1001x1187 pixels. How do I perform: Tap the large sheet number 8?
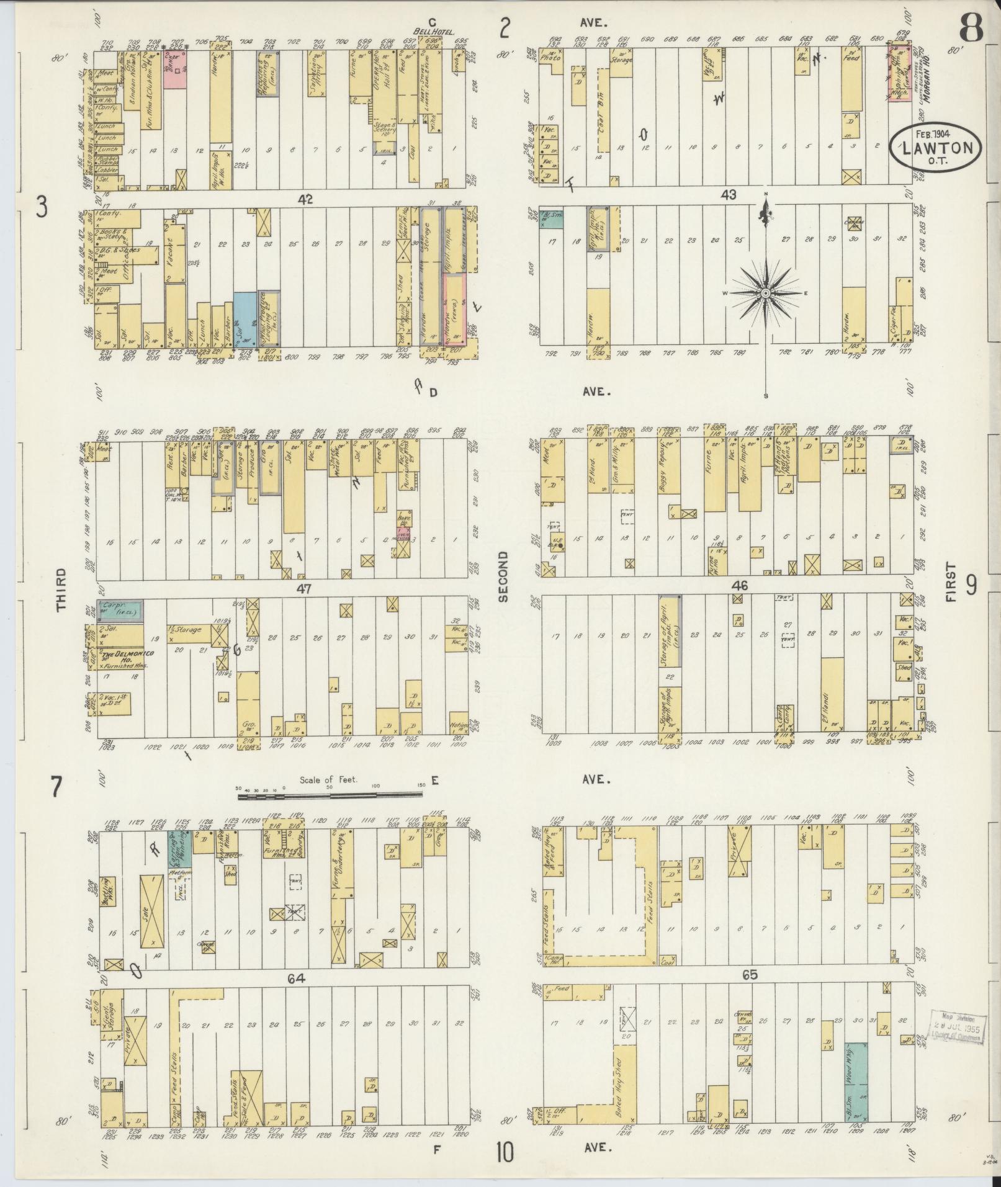point(970,28)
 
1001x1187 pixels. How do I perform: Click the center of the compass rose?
point(766,293)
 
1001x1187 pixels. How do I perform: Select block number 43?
point(728,195)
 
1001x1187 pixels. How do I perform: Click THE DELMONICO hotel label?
point(127,655)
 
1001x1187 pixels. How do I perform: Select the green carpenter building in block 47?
point(123,611)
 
